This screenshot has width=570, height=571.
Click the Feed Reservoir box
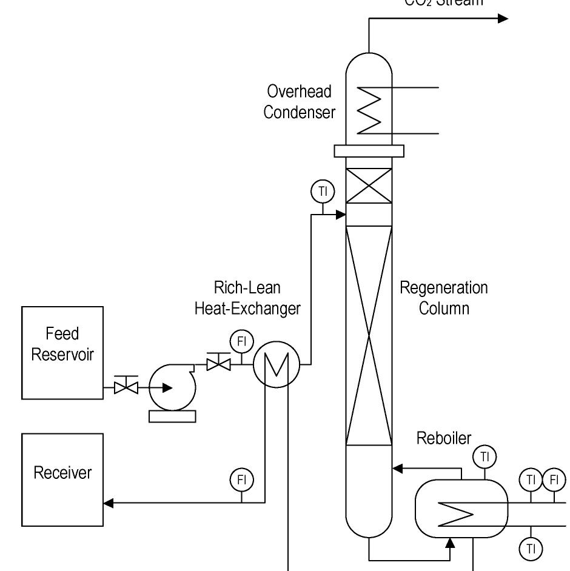tap(62, 353)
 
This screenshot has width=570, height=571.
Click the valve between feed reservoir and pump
tap(126, 386)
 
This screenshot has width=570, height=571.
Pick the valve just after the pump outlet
tap(218, 364)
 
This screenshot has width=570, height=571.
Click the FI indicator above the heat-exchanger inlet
tap(241, 341)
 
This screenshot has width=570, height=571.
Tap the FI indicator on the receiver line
tap(241, 480)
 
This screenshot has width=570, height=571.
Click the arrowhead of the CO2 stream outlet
tap(503, 19)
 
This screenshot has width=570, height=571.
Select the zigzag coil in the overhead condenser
tap(370, 110)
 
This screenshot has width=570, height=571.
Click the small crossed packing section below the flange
tap(369, 186)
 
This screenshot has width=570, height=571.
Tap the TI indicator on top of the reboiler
tap(484, 456)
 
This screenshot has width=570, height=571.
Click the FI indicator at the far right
tap(554, 480)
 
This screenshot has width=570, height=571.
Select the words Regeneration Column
tap(443, 297)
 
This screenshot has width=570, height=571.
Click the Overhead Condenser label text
tap(300, 101)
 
